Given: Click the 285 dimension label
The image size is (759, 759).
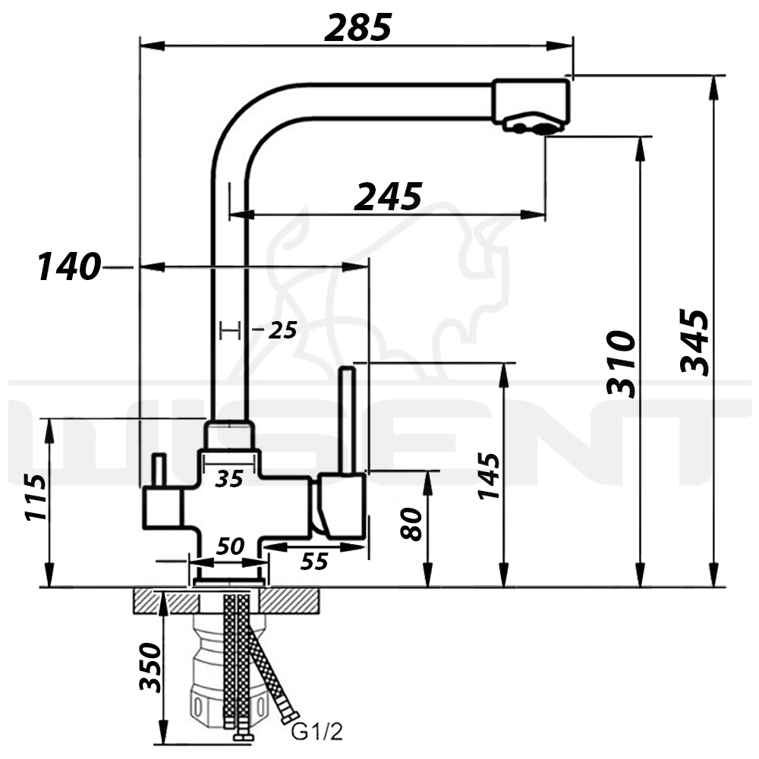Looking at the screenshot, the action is (358, 27).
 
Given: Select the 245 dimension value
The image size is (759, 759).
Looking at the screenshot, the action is (388, 197).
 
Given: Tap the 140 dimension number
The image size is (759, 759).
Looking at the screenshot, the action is (69, 266).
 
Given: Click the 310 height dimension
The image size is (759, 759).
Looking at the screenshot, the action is (621, 364).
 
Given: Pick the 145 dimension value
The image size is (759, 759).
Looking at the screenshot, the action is (488, 476).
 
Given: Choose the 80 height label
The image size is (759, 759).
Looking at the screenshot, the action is (412, 523).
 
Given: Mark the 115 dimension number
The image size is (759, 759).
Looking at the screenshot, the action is (36, 498).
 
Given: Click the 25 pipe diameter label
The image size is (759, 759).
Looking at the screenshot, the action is (282, 330).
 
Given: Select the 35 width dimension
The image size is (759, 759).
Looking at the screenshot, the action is (229, 479).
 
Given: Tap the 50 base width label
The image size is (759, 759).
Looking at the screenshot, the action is (231, 546).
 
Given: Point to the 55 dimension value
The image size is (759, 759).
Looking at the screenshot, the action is (314, 562).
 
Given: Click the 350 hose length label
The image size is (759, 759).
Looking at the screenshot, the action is (150, 668).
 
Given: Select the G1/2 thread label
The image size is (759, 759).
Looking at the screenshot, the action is (317, 732).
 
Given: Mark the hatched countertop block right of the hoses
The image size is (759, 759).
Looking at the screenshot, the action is (289, 600).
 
